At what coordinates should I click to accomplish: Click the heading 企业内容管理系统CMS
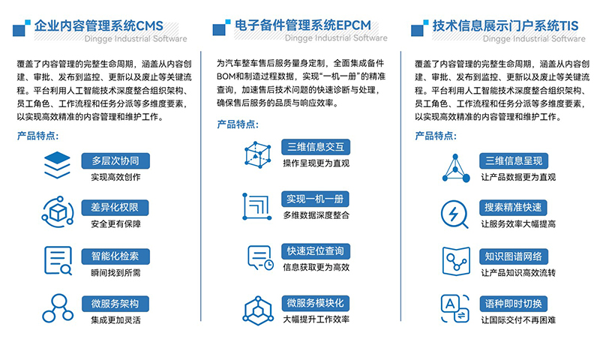[99, 25]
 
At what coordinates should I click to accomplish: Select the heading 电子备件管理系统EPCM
[303, 25]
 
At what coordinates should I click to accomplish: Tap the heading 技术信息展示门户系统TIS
[505, 25]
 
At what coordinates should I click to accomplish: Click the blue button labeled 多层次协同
[115, 160]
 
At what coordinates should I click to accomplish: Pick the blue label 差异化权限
[115, 208]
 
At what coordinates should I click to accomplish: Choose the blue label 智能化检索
[115, 256]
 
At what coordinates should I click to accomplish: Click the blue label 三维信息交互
[316, 147]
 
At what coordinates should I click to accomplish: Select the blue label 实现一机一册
[315, 199]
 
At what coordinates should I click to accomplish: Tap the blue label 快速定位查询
[316, 251]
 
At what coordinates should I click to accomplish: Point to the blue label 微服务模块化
[315, 304]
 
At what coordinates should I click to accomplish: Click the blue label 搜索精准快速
[513, 208]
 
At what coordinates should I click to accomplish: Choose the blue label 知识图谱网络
[514, 256]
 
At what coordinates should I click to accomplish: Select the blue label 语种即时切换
[514, 304]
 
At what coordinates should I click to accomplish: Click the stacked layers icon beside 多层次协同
[57, 165]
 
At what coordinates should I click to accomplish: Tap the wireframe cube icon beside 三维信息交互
[257, 155]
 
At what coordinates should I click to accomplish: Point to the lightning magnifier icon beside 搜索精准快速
[454, 214]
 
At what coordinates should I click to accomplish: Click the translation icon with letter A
[455, 308]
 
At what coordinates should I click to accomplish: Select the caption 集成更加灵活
[115, 319]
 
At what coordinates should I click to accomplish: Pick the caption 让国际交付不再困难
[518, 319]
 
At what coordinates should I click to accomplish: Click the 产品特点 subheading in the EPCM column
[238, 124]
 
